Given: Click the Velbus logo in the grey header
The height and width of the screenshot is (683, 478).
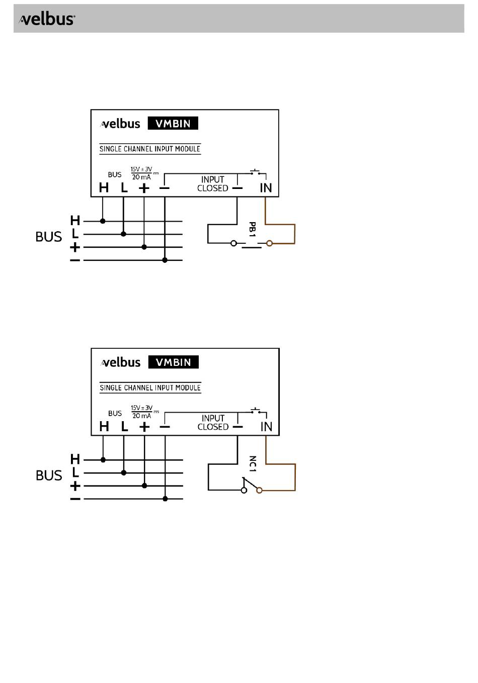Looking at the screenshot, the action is (47, 19).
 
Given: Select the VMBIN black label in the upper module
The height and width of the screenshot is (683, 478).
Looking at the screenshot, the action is (173, 124).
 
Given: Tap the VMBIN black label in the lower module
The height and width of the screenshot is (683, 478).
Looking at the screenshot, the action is (173, 362).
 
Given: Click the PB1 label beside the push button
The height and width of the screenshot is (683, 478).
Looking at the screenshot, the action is (253, 229).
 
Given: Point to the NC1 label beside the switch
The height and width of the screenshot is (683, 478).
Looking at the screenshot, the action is (253, 464).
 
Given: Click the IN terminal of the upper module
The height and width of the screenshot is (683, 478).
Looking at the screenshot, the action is (266, 188).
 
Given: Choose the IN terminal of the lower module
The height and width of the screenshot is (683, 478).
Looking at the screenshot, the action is (266, 427).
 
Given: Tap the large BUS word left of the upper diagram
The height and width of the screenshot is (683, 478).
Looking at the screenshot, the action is (48, 237).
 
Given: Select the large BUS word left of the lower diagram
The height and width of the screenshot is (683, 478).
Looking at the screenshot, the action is (49, 475).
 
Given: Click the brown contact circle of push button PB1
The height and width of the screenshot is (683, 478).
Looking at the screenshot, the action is (270, 243).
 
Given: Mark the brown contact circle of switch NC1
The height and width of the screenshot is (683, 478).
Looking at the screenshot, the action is (260, 490).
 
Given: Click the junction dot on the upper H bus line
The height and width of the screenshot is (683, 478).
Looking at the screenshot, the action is (103, 221).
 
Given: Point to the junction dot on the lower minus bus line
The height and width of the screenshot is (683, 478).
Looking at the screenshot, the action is (166, 499).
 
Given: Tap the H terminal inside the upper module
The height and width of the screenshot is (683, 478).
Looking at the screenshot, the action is (104, 188).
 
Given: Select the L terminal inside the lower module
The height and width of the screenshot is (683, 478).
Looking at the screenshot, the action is (124, 427).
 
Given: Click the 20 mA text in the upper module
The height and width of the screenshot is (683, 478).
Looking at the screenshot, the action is (141, 177).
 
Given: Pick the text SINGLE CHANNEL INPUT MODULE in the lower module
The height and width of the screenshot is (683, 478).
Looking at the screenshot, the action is (150, 387).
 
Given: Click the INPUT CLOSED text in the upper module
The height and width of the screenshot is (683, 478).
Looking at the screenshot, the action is (212, 184).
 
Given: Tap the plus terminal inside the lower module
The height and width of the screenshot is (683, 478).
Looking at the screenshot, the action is (144, 427).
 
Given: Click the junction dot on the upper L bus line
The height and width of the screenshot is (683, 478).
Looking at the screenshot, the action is (124, 234).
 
